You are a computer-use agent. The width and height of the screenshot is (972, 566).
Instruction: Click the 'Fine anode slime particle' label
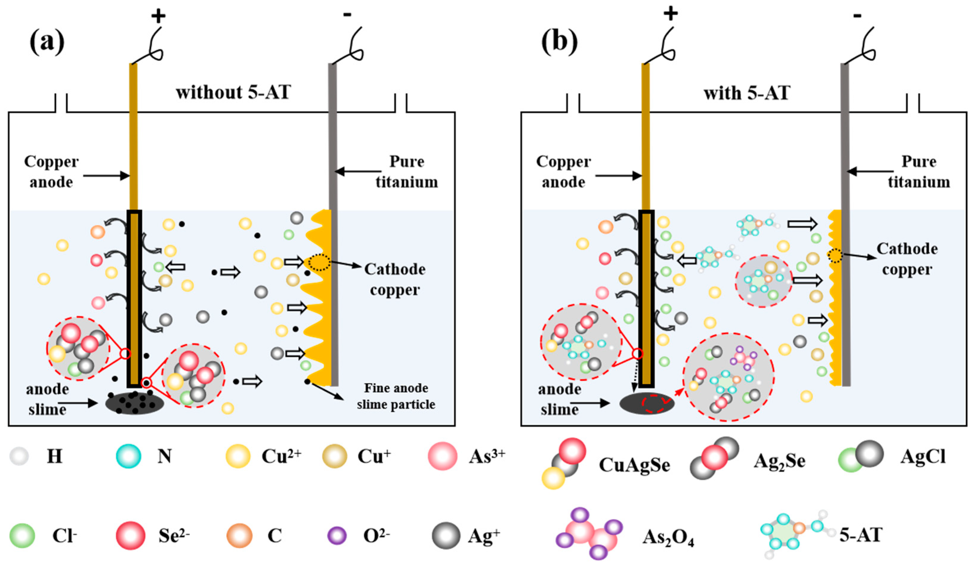tap(396, 396)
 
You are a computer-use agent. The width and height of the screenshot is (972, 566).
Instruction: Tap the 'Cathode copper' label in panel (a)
tap(395, 280)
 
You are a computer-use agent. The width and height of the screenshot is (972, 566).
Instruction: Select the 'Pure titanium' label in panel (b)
tap(919, 172)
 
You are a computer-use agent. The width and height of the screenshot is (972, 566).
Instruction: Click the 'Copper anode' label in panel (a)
tap(51, 172)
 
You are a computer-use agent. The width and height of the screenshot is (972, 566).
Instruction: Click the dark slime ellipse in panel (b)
tap(647, 404)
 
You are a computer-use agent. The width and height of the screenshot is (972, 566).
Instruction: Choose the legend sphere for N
tap(129, 456)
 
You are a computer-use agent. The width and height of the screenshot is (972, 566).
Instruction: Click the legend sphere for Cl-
tap(22, 536)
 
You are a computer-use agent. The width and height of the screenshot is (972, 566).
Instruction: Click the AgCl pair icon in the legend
tap(860, 457)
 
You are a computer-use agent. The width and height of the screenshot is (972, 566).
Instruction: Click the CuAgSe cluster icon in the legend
tap(563, 463)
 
